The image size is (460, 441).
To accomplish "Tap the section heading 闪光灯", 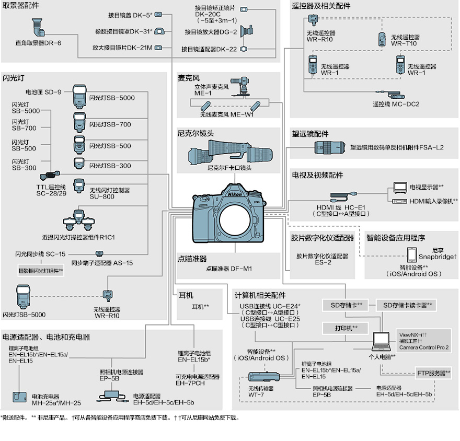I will click(13, 77).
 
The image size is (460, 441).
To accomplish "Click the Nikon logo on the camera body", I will click(235, 194).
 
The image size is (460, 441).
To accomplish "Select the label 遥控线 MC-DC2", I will click(396, 104).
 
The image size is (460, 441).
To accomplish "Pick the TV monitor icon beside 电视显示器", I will click(400, 187).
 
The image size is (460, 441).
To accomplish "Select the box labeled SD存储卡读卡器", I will click(407, 305).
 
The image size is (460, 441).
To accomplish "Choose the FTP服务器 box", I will click(433, 373).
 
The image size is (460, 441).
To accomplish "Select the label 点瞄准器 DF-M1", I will click(228, 269).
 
